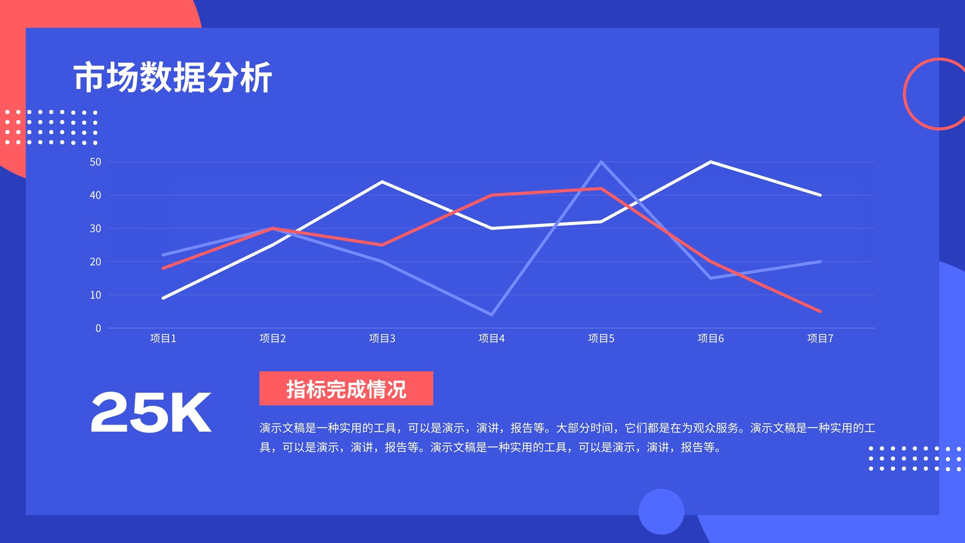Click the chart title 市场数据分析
pyautogui.click(x=172, y=78)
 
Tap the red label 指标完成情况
pyautogui.click(x=346, y=389)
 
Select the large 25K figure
pyautogui.click(x=151, y=413)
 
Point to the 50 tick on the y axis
pyautogui.click(x=95, y=162)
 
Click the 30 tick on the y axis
pyautogui.click(x=95, y=229)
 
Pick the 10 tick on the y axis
pyautogui.click(x=95, y=295)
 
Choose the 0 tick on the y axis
pyautogui.click(x=98, y=328)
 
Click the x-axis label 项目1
pyautogui.click(x=163, y=338)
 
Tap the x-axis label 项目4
pyautogui.click(x=492, y=338)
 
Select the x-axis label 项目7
pyautogui.click(x=820, y=338)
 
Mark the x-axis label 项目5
pyautogui.click(x=601, y=338)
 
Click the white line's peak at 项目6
pyautogui.click(x=710, y=162)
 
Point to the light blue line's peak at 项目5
pyautogui.click(x=601, y=162)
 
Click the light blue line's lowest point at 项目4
pyautogui.click(x=492, y=314)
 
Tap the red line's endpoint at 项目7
pyautogui.click(x=820, y=311)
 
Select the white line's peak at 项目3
pyautogui.click(x=382, y=182)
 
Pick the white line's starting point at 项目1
pyautogui.click(x=163, y=298)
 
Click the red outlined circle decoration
pyautogui.click(x=905, y=94)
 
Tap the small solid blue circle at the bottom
pyautogui.click(x=661, y=512)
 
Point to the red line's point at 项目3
pyautogui.click(x=382, y=245)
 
